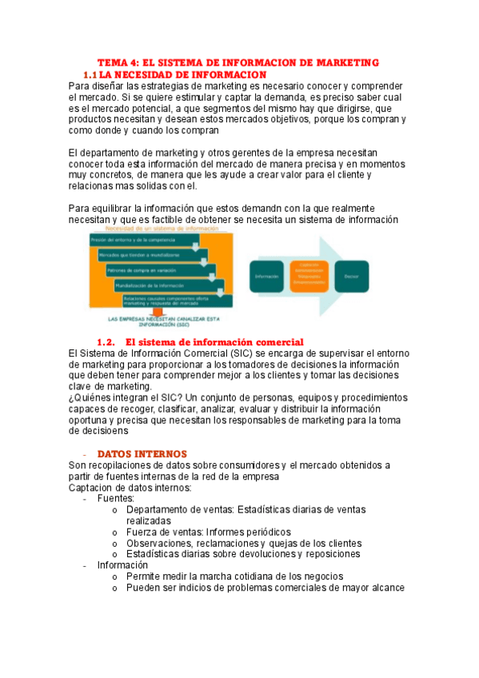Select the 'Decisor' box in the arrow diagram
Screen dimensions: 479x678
(351, 276)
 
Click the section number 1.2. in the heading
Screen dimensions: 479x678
(106, 341)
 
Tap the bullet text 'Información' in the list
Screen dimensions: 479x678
(122, 564)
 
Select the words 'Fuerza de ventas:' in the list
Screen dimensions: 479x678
(164, 531)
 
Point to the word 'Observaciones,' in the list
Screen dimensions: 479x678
(159, 542)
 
